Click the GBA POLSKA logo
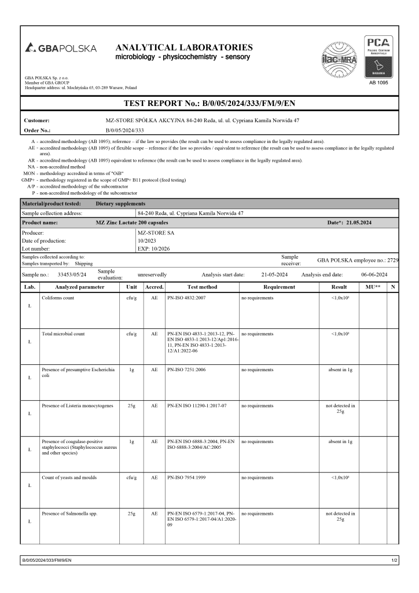point(61,48)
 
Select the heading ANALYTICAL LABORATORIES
point(184,47)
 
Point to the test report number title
point(209,104)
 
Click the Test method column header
point(202,287)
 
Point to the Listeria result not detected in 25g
point(339,408)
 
